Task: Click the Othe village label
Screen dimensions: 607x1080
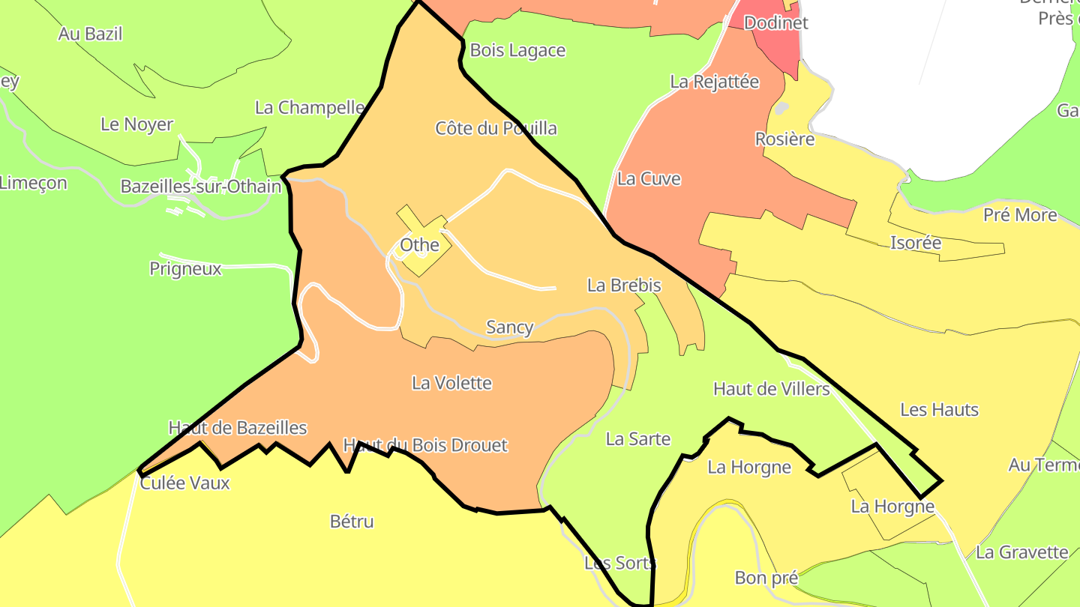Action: click(x=419, y=245)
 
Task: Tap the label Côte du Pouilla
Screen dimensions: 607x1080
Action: click(x=496, y=128)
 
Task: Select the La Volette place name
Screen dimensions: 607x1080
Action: click(x=451, y=383)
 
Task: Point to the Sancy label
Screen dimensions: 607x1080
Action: click(x=510, y=327)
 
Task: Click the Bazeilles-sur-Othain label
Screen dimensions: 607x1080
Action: click(x=201, y=186)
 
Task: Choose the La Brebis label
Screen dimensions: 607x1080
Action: click(x=624, y=285)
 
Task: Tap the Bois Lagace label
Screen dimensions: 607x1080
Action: click(x=517, y=50)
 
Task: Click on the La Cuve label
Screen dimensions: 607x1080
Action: click(x=649, y=178)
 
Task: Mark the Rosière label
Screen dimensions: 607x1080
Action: click(x=784, y=139)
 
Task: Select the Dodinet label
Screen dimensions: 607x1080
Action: click(x=775, y=22)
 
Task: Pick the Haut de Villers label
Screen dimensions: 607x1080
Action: click(x=771, y=388)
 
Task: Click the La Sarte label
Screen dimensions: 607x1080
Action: click(x=637, y=438)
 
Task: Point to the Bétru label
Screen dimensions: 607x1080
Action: click(x=352, y=521)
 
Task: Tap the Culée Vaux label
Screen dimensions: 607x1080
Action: click(x=184, y=483)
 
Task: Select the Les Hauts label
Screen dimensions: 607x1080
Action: click(x=939, y=409)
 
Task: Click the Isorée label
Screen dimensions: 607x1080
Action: click(x=915, y=242)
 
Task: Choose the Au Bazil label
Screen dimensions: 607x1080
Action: click(x=90, y=34)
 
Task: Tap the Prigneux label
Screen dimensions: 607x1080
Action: click(x=185, y=268)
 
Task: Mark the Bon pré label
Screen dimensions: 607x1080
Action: click(x=766, y=578)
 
